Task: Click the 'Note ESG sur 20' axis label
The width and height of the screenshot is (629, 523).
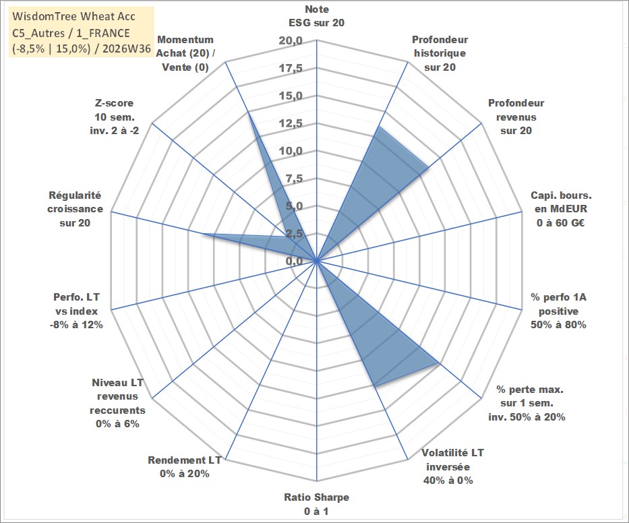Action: (x=316, y=16)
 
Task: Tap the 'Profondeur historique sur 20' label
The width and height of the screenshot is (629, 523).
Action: (x=440, y=53)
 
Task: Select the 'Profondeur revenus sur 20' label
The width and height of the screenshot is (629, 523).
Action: (x=516, y=117)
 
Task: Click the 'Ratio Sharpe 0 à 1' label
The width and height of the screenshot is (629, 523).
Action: (x=316, y=504)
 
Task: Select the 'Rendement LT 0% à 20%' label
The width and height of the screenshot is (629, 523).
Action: (x=185, y=467)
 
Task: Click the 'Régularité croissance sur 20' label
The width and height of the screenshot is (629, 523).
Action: (x=75, y=209)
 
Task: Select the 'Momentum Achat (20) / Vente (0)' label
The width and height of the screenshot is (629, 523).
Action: (x=185, y=53)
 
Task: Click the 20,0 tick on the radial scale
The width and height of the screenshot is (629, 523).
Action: (x=291, y=41)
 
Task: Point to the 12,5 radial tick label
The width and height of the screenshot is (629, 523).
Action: (x=291, y=123)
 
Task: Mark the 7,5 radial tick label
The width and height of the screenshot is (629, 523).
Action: (x=294, y=179)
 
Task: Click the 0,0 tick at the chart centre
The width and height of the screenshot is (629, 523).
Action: (x=294, y=261)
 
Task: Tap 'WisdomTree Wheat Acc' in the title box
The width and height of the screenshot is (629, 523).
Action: (x=73, y=16)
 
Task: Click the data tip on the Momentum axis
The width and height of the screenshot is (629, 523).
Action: (x=248, y=112)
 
